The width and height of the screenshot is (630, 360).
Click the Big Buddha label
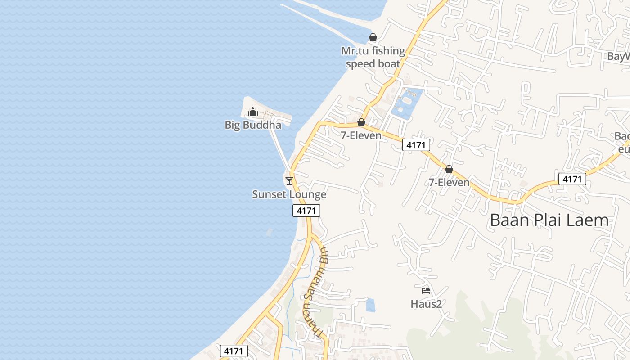[x=253, y=125]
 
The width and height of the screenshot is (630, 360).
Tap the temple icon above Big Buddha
[x=253, y=111]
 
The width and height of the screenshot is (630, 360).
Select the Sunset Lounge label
[x=289, y=194]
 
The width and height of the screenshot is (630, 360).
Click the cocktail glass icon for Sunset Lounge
[x=289, y=180]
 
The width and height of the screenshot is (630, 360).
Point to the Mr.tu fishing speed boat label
[x=373, y=57]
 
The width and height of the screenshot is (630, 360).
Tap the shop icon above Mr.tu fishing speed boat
[x=373, y=37]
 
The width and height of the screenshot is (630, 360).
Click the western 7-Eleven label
[x=361, y=135]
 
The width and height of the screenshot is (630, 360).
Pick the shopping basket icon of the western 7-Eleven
[x=361, y=122]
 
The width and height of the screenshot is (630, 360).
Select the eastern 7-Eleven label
[x=449, y=182]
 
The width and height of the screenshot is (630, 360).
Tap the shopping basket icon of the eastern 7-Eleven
[x=449, y=170]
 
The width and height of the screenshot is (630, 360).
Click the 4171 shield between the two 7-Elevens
[x=416, y=145]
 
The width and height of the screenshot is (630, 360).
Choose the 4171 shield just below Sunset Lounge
[x=306, y=211]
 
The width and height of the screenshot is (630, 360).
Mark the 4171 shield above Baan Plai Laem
[x=572, y=179]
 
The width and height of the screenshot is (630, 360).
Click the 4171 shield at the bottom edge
[x=234, y=351]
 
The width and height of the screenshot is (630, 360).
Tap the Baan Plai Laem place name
[x=549, y=220]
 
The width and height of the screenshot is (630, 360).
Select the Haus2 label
[x=427, y=304]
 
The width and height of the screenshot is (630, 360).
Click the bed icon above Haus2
[x=426, y=291]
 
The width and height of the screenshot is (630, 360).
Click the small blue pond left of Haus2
[x=371, y=305]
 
